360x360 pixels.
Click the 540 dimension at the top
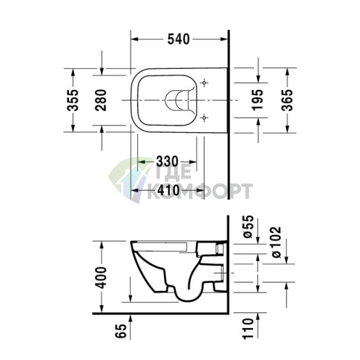(x=180, y=39)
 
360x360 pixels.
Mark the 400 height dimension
(x=102, y=276)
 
